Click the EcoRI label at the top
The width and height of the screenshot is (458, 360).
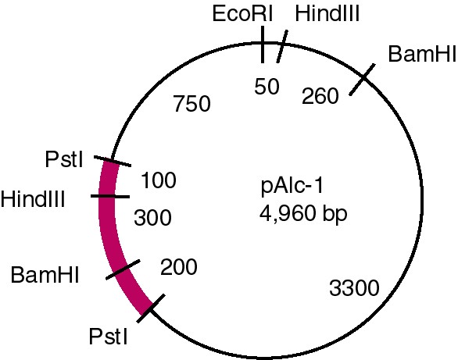(242, 14)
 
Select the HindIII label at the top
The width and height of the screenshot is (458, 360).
(327, 14)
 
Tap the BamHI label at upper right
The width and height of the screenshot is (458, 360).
(422, 54)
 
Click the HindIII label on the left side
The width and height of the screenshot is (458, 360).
(33, 199)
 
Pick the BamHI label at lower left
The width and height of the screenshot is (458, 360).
(45, 275)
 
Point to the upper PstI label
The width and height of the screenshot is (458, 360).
(64, 159)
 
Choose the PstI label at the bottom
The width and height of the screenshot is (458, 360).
(108, 337)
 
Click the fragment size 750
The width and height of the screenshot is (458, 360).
(192, 104)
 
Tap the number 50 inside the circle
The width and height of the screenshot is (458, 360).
(267, 87)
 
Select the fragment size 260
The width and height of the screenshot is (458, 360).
(320, 96)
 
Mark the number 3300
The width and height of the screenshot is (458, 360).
(354, 288)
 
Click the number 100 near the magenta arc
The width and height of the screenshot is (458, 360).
(159, 180)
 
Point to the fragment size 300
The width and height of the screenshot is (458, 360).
(152, 218)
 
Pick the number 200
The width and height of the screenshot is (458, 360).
(179, 267)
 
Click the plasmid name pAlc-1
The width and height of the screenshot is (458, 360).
(292, 186)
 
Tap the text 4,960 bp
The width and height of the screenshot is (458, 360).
(303, 213)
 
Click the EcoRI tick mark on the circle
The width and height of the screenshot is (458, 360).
(263, 45)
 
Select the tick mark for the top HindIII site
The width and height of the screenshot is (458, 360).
(282, 46)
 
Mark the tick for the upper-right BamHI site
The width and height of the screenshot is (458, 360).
(362, 80)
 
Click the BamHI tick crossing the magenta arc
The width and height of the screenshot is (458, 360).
(123, 269)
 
